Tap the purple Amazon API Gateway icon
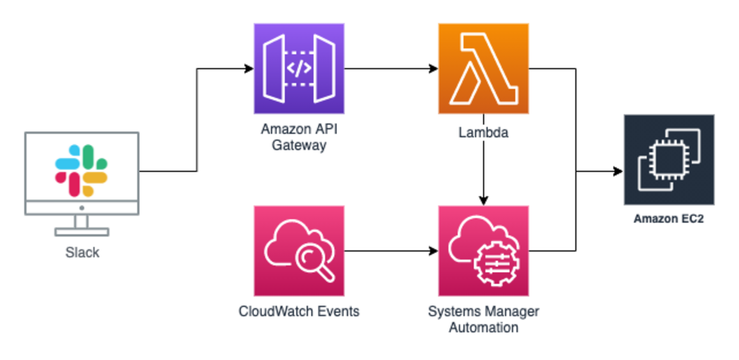tap(299, 69)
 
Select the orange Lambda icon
tap(483, 69)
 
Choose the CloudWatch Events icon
tap(299, 251)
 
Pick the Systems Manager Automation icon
tap(483, 251)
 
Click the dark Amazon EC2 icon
tap(669, 160)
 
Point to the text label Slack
tap(82, 253)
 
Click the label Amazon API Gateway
tap(299, 136)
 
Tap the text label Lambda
tap(483, 133)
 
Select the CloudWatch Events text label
tap(299, 312)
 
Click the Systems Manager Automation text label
tap(483, 320)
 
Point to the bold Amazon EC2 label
tap(669, 219)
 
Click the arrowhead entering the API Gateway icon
tap(249, 69)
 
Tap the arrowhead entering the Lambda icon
tap(433, 69)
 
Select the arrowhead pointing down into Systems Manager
tap(483, 201)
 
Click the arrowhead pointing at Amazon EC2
tap(618, 171)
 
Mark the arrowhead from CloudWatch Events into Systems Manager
tap(433, 251)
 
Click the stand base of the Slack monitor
tap(82, 231)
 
